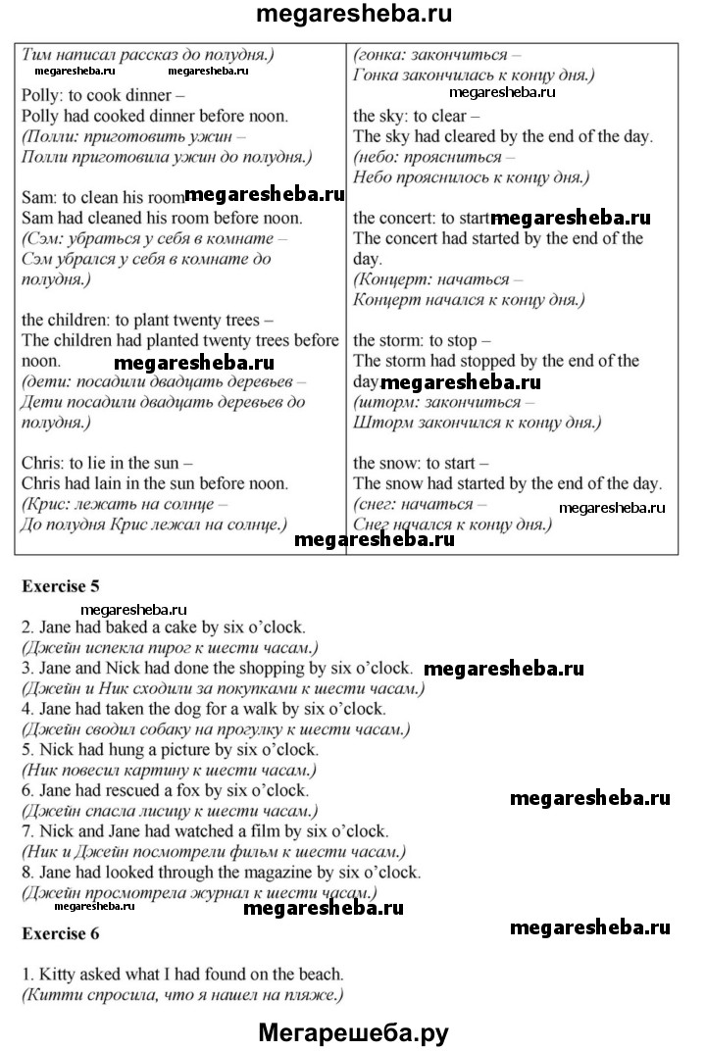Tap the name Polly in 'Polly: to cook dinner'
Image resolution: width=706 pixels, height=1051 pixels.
(40, 96)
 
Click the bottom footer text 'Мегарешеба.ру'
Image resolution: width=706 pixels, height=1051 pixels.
(353, 1032)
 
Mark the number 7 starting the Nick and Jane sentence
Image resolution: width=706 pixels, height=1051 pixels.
(25, 831)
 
